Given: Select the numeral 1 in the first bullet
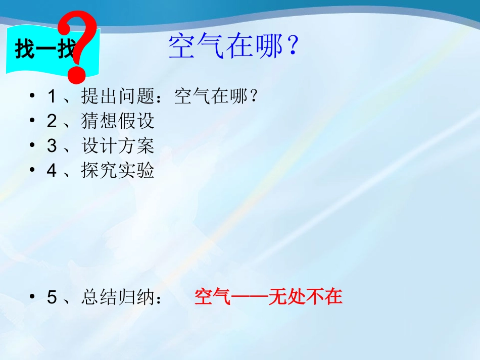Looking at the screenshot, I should [52, 96].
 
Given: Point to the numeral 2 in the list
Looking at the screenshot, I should [52, 121].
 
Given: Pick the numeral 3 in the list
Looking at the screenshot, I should [52, 146].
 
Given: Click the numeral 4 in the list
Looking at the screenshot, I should [52, 171].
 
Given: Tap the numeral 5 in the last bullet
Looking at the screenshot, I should [52, 297].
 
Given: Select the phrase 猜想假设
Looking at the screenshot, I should [118, 121].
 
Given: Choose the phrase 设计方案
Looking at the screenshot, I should [118, 146].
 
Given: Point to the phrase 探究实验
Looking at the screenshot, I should [118, 171].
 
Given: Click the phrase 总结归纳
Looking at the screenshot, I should [118, 297].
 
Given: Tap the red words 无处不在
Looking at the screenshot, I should [306, 297].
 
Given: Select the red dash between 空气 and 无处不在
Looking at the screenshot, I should [250, 297].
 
